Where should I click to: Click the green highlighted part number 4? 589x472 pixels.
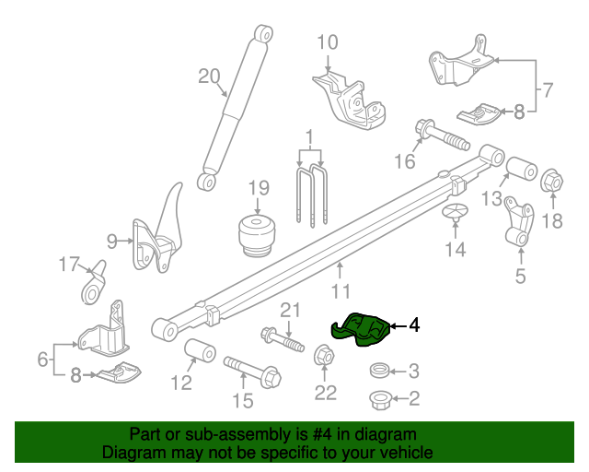tap(360, 329)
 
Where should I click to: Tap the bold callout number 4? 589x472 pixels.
tap(414, 325)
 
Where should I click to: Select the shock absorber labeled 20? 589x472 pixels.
tap(235, 108)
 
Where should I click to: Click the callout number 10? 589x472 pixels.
tap(328, 42)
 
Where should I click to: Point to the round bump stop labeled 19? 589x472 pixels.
tap(258, 236)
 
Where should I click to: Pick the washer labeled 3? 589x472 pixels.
tap(379, 371)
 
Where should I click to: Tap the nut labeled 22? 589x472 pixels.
tap(324, 355)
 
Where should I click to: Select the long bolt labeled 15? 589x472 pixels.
tap(252, 372)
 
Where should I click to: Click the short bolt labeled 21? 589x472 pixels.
tap(283, 340)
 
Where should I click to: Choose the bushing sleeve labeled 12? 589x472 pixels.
tap(201, 350)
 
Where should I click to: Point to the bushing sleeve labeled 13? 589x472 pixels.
tap(522, 169)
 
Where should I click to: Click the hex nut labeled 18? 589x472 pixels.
tap(552, 181)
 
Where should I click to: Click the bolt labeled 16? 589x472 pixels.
tap(442, 136)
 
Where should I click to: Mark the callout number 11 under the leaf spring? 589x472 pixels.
tap(341, 291)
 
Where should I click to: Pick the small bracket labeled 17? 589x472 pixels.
tap(94, 282)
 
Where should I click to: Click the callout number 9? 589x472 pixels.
tap(112, 242)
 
